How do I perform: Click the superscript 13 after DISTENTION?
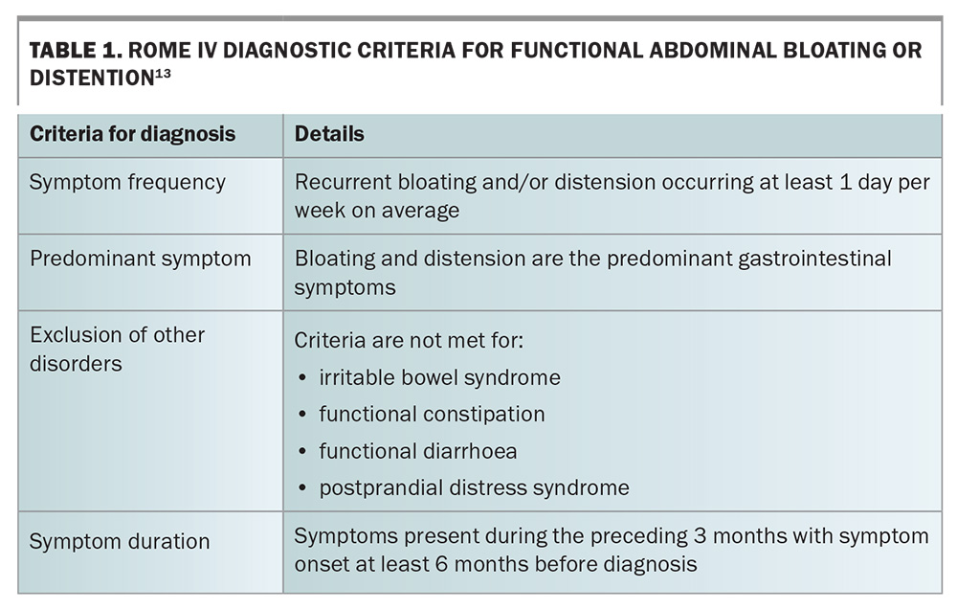click(163, 74)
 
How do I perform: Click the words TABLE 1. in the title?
click(76, 50)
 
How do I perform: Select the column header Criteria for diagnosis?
click(132, 134)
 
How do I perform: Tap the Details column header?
click(329, 134)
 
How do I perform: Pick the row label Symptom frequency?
click(127, 182)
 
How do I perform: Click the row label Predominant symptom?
click(141, 259)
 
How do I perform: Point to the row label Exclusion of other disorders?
click(117, 350)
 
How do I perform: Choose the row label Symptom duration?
click(120, 542)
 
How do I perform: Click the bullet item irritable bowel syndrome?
click(439, 378)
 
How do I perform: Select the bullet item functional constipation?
click(432, 415)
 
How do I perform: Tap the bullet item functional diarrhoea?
click(418, 451)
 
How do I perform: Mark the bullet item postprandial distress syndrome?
click(475, 487)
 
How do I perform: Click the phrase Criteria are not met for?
click(409, 340)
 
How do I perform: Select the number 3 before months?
click(701, 536)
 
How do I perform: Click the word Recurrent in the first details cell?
click(343, 182)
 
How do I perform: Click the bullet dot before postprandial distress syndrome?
click(302, 488)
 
